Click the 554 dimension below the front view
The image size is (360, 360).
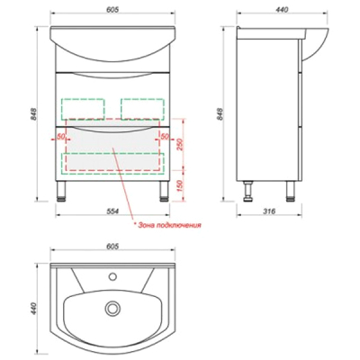[x=112, y=211]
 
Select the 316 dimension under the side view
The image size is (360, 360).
[x=270, y=211]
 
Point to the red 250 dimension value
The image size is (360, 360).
[x=181, y=145]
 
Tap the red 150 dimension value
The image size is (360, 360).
[x=181, y=186]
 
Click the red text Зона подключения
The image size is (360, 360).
[x=167, y=225]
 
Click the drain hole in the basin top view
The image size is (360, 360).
[x=112, y=308]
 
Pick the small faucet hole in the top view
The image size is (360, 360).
[x=112, y=276]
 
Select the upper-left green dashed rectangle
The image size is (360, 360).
[x=83, y=109]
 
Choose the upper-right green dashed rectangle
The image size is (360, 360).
[x=143, y=109]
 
